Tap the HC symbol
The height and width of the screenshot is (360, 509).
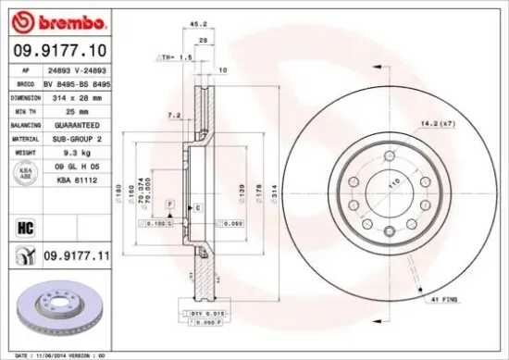(x=25, y=223)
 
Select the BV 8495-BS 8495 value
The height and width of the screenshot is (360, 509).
(x=83, y=82)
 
